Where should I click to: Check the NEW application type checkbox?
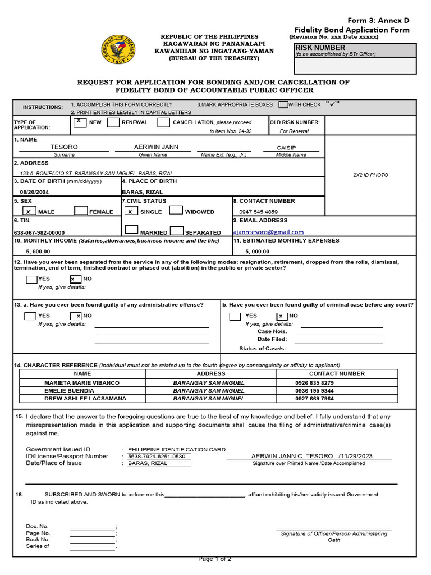coord(80,122)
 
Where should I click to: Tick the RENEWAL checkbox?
coord(113,122)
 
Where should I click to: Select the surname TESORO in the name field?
coord(64,147)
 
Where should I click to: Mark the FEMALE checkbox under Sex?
coord(81,211)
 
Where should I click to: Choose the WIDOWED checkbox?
coord(176,211)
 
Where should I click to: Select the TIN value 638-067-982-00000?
coord(39,232)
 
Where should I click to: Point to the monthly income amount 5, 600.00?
coord(38,252)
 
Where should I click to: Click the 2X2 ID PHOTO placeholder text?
coord(370,175)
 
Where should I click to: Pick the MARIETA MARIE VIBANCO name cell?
coord(82,382)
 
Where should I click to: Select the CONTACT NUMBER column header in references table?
coord(337,373)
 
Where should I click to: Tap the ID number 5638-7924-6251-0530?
coord(159,456)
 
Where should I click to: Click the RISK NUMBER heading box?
coord(356,51)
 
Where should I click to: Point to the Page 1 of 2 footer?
coord(215,559)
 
